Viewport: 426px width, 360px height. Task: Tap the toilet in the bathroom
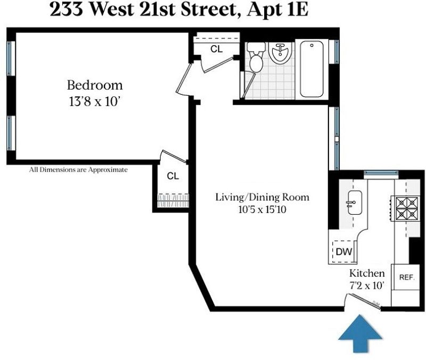[x=256, y=57]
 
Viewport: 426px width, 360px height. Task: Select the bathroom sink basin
[x=280, y=53]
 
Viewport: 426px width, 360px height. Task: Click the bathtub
[x=312, y=69]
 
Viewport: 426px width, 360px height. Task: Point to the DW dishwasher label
[x=344, y=251]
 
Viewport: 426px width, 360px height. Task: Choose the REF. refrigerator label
[x=407, y=277]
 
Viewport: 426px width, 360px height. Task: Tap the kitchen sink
[x=355, y=202]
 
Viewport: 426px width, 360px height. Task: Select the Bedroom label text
[x=95, y=85]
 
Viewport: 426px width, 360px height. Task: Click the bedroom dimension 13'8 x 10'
[x=95, y=102]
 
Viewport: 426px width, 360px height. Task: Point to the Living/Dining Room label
[x=262, y=197]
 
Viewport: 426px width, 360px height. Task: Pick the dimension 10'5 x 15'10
[x=262, y=210]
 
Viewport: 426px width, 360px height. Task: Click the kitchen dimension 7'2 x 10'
[x=367, y=285]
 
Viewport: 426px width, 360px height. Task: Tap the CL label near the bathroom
[x=217, y=49]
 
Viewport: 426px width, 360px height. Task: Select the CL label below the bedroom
[x=173, y=176]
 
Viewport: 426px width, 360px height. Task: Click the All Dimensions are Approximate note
[x=78, y=170]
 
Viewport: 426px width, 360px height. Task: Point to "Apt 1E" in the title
[x=277, y=10]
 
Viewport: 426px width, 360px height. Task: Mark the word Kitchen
[x=367, y=273]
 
